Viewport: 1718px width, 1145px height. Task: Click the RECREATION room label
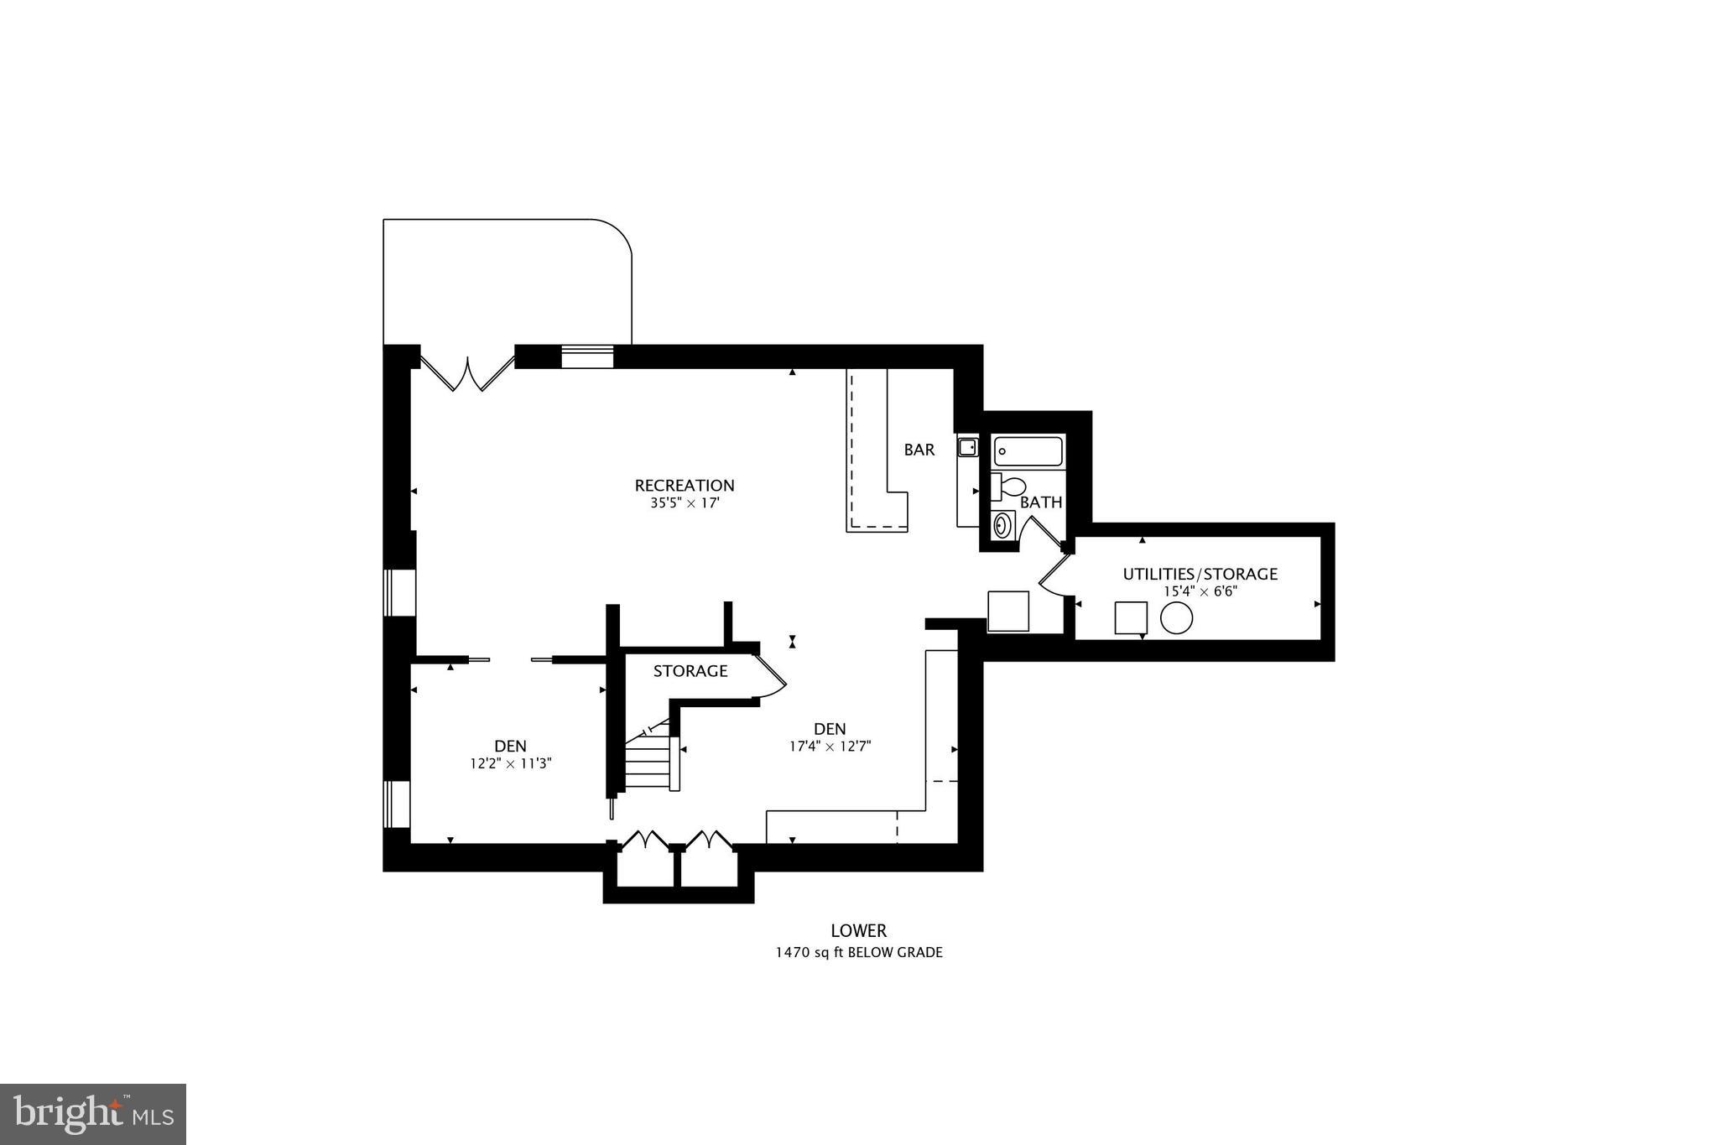(684, 485)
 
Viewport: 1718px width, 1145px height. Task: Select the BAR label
(919, 450)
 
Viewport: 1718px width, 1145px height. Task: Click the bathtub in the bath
(1028, 452)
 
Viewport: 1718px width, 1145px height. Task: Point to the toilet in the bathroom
(1009, 487)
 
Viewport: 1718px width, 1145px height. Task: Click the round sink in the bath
(1002, 526)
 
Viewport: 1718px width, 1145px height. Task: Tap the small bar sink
(967, 447)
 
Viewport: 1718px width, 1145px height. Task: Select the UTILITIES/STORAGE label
(1200, 574)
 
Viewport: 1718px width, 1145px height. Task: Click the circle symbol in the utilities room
(1176, 619)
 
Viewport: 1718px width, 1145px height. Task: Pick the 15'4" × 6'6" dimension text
(1200, 591)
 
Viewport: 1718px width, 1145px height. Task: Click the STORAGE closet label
(690, 671)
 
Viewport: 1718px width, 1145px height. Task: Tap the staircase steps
(648, 763)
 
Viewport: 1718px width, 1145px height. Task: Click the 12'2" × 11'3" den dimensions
(510, 764)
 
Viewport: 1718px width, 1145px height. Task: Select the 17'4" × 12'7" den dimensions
(830, 747)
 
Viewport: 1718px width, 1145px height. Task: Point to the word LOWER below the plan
(858, 930)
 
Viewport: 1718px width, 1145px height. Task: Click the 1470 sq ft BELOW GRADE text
(858, 953)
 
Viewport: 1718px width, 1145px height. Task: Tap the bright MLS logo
(93, 1114)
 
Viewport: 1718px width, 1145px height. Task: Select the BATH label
(1041, 502)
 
